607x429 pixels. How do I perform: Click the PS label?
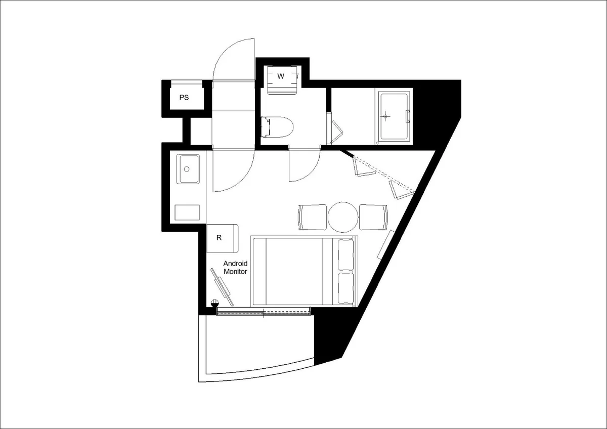click(x=184, y=98)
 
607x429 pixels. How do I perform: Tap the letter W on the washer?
click(x=281, y=76)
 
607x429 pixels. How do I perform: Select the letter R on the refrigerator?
click(x=219, y=238)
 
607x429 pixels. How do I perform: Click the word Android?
click(x=235, y=264)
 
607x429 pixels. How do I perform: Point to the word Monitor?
click(x=235, y=272)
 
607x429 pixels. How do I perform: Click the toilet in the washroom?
click(x=277, y=127)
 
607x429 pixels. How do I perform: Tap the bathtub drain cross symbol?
click(x=385, y=116)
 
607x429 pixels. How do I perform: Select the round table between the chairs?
click(x=343, y=217)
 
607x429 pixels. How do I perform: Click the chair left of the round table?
click(x=312, y=217)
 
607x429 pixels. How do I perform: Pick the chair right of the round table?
click(x=374, y=217)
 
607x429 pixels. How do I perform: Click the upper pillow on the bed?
click(x=346, y=255)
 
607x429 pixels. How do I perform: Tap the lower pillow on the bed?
click(x=346, y=288)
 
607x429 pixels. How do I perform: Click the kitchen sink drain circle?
click(x=187, y=169)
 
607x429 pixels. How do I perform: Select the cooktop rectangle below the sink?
click(x=187, y=212)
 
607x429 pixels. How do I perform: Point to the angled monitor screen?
click(x=223, y=287)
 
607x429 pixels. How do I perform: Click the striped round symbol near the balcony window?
click(x=214, y=302)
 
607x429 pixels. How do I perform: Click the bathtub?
click(x=394, y=116)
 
